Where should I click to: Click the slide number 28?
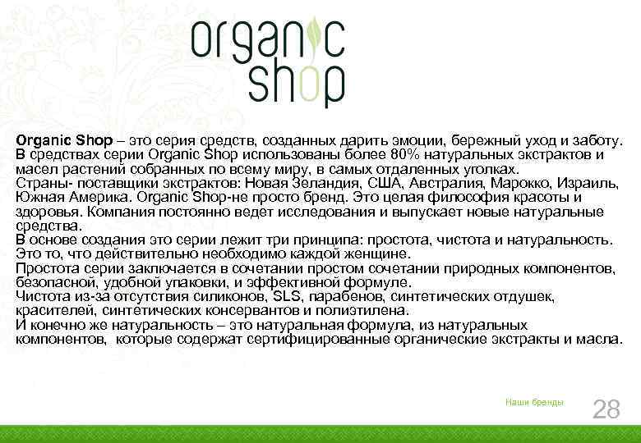point(606,409)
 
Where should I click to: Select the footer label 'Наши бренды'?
point(534,401)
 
